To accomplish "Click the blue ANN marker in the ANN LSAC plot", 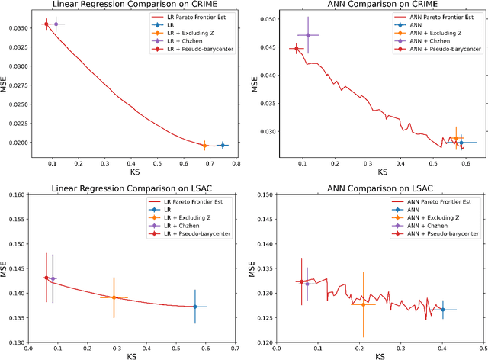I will point(443,310).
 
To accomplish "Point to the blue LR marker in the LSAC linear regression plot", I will point(194,307).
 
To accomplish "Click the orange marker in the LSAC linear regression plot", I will point(114,297).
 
